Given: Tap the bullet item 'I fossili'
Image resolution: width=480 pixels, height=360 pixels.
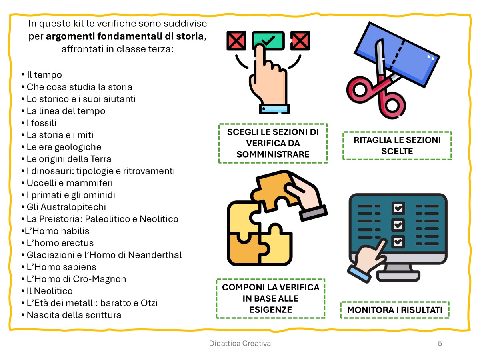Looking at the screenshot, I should pos(42,123).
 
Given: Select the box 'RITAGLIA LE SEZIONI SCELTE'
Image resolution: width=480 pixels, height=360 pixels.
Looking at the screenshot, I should pos(397,146).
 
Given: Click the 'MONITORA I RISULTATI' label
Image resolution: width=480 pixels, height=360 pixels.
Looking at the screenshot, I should pos(394,310).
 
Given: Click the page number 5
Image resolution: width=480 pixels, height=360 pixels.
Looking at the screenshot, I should pos(440,343).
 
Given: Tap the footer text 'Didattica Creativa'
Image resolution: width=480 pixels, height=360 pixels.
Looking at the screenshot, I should pos(240,343).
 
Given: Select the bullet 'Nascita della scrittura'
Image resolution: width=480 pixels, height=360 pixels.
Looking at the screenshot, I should pos(74,315).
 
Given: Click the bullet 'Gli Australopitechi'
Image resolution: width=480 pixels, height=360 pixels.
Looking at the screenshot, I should pos(66,207).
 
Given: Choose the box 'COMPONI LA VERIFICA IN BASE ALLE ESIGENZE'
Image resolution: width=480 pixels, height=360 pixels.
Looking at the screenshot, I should pos(271,298).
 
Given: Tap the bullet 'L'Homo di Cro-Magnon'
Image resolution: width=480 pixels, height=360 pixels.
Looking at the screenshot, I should pos(76,279).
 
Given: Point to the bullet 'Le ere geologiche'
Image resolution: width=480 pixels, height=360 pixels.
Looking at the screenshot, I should pos(64,147).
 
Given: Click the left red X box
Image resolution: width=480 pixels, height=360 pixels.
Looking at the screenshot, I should pos(236,40).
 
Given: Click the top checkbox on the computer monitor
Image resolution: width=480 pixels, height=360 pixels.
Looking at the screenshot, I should pos(398,208).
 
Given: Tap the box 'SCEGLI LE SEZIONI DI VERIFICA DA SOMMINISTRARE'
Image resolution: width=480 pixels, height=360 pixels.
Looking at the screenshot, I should pos(273,143).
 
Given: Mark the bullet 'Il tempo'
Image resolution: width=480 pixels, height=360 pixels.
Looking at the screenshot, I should pos(44,75).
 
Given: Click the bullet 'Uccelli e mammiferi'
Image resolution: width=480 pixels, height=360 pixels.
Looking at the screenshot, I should pos(70,183).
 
